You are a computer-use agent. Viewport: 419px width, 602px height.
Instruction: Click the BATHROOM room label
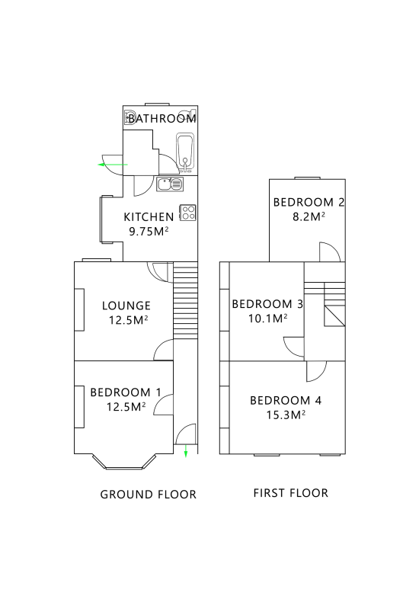click(x=162, y=118)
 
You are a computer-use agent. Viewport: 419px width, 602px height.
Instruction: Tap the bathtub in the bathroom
click(x=185, y=152)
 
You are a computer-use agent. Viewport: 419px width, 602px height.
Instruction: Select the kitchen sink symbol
click(x=170, y=184)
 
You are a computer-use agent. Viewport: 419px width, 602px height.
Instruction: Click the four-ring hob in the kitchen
click(x=188, y=213)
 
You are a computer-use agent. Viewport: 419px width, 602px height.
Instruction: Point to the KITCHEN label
click(x=149, y=217)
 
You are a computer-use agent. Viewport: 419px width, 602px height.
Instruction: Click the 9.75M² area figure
click(x=149, y=231)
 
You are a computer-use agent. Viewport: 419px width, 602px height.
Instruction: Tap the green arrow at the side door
click(x=113, y=165)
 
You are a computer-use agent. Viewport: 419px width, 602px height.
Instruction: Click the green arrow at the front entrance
click(x=186, y=450)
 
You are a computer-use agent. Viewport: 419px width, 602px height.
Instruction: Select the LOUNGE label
click(x=126, y=306)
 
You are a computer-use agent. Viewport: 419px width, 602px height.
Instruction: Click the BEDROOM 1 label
click(x=126, y=392)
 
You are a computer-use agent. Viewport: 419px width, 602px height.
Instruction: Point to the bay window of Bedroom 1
click(x=124, y=462)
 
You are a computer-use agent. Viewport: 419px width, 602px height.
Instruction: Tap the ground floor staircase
click(x=186, y=300)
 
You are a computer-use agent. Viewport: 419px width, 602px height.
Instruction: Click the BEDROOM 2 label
click(x=309, y=203)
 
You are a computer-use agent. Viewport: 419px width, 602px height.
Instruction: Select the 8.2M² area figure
click(x=309, y=217)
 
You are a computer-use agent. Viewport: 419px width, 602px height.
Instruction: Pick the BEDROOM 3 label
click(x=267, y=304)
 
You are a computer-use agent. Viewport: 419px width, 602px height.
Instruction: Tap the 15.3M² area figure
click(x=286, y=415)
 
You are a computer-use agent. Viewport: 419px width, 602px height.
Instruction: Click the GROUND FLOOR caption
click(x=148, y=495)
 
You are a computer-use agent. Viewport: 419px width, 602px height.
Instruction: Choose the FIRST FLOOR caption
click(x=291, y=493)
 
